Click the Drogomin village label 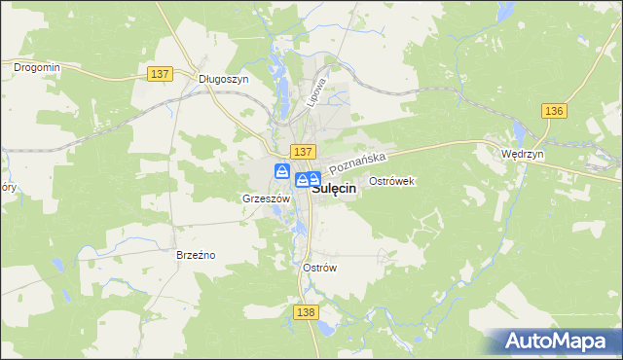pos(37,67)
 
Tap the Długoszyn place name pos(223,80)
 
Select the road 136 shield pos(554,111)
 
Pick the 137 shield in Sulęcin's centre pos(303,152)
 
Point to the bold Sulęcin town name pos(332,191)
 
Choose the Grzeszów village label pos(266,198)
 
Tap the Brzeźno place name pos(195,255)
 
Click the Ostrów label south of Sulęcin pos(319,268)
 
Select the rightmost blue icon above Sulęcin pos(314,179)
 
